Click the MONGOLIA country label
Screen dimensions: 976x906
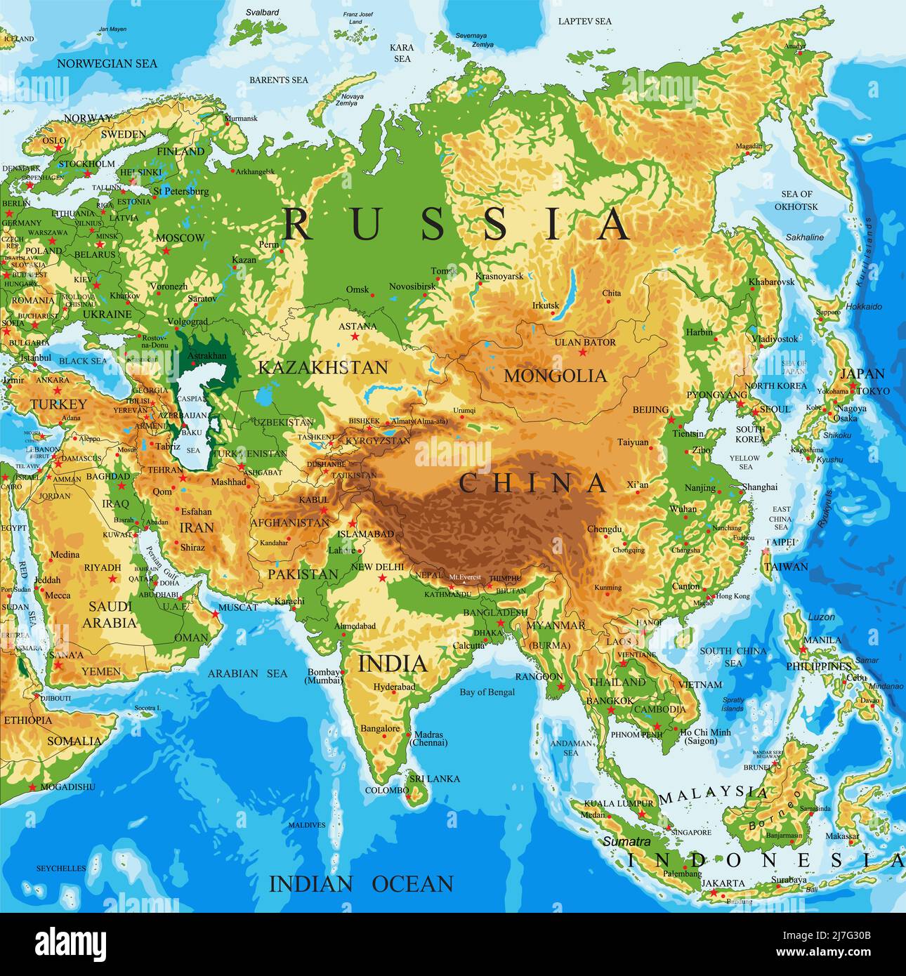click(x=555, y=376)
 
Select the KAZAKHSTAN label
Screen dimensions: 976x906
click(x=322, y=367)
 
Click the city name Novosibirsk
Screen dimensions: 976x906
click(x=412, y=286)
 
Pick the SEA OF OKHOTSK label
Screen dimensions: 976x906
click(x=796, y=200)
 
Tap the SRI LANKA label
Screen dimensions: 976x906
click(x=435, y=778)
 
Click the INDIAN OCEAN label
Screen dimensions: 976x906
click(x=361, y=883)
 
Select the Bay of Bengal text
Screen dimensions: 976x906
click(x=487, y=692)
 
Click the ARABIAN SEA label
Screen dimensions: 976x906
click(x=247, y=673)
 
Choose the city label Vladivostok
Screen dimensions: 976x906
click(x=775, y=338)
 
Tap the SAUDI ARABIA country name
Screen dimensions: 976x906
click(x=110, y=614)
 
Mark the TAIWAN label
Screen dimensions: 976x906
click(x=786, y=566)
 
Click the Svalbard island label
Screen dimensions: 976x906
click(x=262, y=12)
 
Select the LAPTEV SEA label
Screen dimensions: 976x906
click(x=584, y=21)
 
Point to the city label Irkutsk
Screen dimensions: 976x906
click(x=546, y=305)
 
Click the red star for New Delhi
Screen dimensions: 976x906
click(x=383, y=578)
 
